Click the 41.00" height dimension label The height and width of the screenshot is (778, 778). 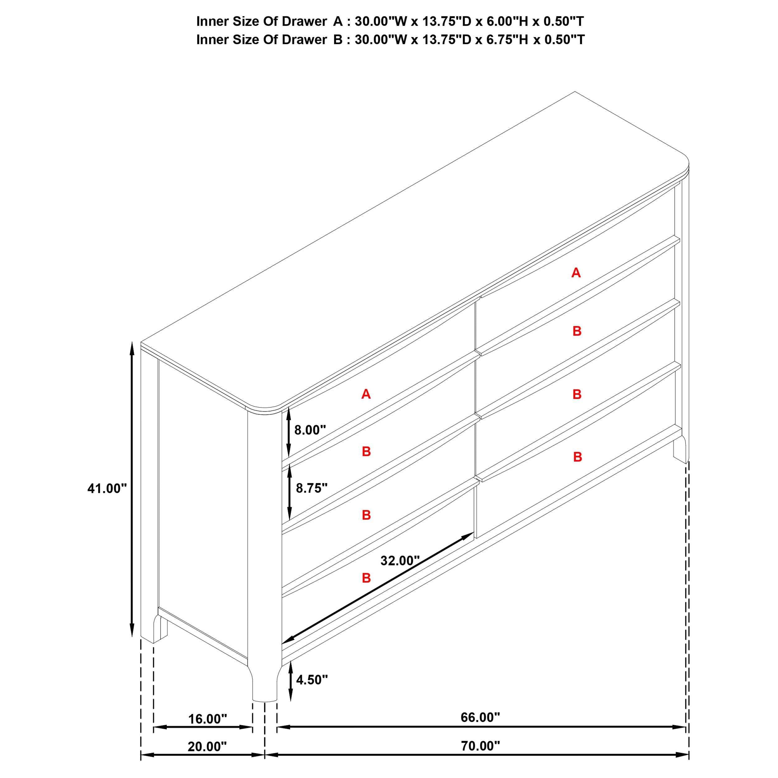107,489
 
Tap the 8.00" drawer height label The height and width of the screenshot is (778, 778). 310,430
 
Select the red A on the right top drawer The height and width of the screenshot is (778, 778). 576,273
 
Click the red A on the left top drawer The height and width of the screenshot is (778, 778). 366,394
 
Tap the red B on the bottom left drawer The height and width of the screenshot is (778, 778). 366,578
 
